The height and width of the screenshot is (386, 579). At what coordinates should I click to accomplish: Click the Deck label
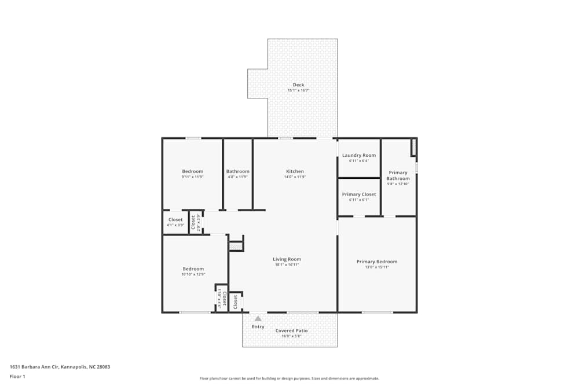coord(298,85)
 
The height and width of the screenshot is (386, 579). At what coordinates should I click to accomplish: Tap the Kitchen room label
coord(295,171)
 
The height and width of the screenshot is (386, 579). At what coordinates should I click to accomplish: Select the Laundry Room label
coord(359,155)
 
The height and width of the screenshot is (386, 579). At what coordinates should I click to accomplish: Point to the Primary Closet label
coord(359,194)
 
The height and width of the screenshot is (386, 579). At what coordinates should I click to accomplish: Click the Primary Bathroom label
coord(398,175)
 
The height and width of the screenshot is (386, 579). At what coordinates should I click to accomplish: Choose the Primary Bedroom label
coord(377,262)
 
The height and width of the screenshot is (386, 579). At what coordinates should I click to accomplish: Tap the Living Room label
coord(287,259)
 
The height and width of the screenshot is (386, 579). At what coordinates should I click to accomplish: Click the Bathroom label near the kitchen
coord(237,171)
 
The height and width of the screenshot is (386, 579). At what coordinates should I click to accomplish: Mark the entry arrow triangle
coord(258,318)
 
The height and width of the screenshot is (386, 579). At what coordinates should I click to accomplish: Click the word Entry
coord(258,327)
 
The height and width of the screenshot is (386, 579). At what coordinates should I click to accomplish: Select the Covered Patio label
coord(291,330)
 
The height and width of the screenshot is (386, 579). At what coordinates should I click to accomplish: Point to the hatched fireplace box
coord(236,247)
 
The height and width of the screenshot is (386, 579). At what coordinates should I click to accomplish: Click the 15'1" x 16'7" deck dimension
coord(298,91)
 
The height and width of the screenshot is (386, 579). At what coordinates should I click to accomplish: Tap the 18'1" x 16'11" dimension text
coord(287,265)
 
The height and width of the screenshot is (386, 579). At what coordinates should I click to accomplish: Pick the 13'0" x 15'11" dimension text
coord(377,267)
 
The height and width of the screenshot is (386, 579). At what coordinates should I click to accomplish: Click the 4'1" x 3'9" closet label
coord(175,226)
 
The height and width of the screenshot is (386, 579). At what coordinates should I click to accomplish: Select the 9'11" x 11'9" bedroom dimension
coord(193,177)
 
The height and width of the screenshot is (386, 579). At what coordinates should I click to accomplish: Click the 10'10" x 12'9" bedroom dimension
coord(193,274)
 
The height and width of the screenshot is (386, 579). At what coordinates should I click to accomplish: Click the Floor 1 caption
coord(17,376)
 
